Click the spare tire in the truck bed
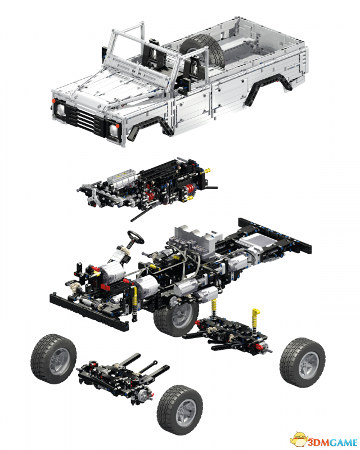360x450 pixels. (x=202, y=50)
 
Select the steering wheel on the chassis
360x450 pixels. (x=136, y=237)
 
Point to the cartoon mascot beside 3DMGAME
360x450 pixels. (x=299, y=439)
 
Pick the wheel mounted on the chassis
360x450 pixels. (x=175, y=317)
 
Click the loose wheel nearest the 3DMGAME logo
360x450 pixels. (x=302, y=362)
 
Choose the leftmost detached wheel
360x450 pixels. (x=53, y=358)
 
